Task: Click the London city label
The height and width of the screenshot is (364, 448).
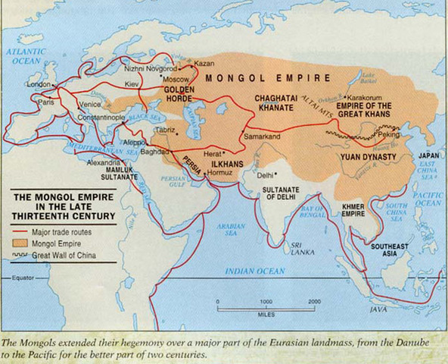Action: [39, 86]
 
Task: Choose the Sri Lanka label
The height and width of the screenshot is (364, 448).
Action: [303, 250]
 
